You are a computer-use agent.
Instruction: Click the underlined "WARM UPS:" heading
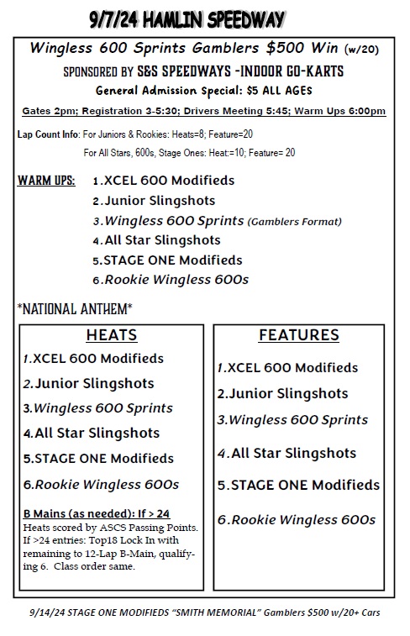point(46,181)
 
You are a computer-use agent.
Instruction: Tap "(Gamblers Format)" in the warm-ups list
point(295,222)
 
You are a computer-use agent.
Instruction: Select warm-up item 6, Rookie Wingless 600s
point(171,280)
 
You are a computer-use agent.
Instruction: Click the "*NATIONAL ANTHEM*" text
point(75,308)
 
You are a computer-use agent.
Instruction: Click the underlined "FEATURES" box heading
point(298,335)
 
